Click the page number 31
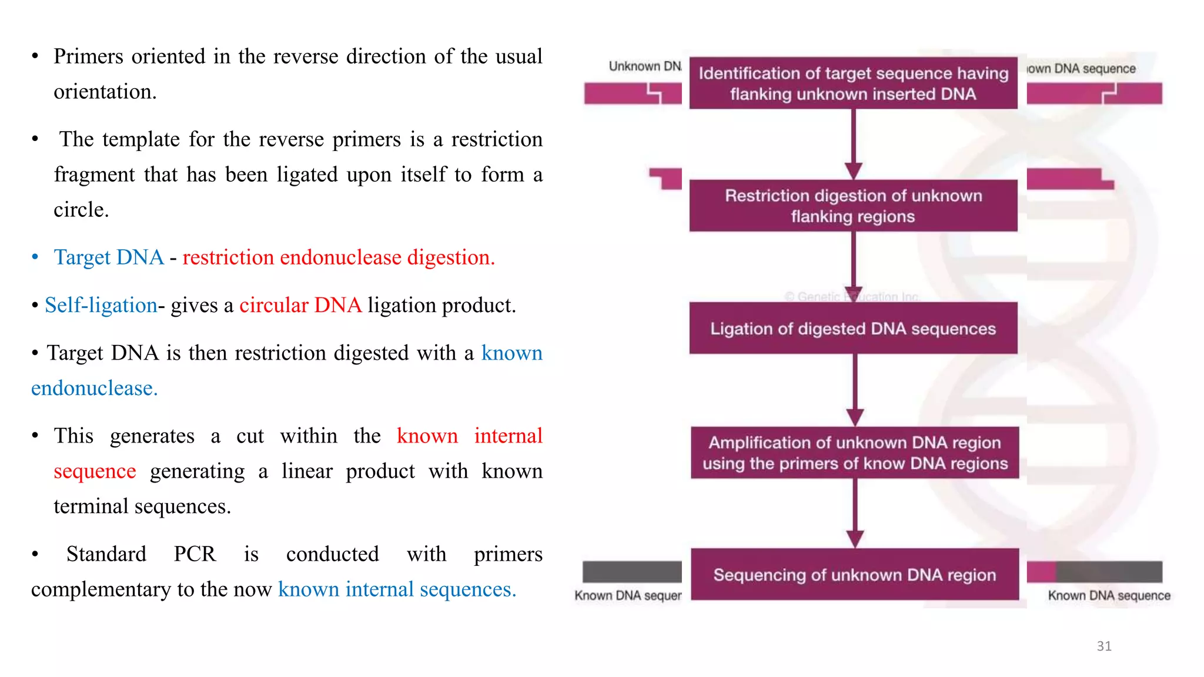coord(1103,646)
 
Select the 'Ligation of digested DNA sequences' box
coord(853,329)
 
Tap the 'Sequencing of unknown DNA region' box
coord(854,575)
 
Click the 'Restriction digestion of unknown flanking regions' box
coord(853,206)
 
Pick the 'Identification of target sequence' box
coord(853,83)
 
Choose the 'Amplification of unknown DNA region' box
coord(854,453)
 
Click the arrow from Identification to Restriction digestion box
coord(854,144)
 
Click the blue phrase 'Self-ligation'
coord(101,306)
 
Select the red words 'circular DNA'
coord(300,306)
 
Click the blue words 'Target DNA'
coord(109,257)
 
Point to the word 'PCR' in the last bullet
coord(195,554)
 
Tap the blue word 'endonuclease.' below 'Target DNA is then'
coord(94,388)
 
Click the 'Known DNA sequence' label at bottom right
coord(1109,596)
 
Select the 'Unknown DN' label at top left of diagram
coord(645,66)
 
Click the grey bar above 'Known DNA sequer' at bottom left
coord(632,572)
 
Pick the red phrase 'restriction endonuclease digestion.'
coord(339,257)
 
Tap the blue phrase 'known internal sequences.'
coord(397,589)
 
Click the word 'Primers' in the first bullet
coord(88,56)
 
